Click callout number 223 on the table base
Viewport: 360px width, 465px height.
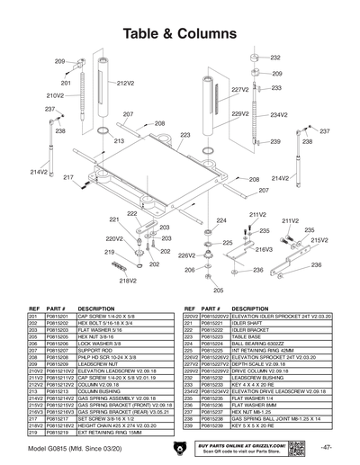point(185,136)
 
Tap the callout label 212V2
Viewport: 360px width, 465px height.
point(125,82)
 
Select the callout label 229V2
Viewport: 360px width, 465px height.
point(239,114)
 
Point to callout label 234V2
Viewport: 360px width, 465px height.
point(278,115)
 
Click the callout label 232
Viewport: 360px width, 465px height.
point(276,57)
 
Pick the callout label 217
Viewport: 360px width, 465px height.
point(67,177)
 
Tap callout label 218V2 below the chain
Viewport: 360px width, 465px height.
point(127,280)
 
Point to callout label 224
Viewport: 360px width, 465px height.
point(220,219)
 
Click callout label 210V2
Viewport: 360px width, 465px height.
point(55,94)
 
